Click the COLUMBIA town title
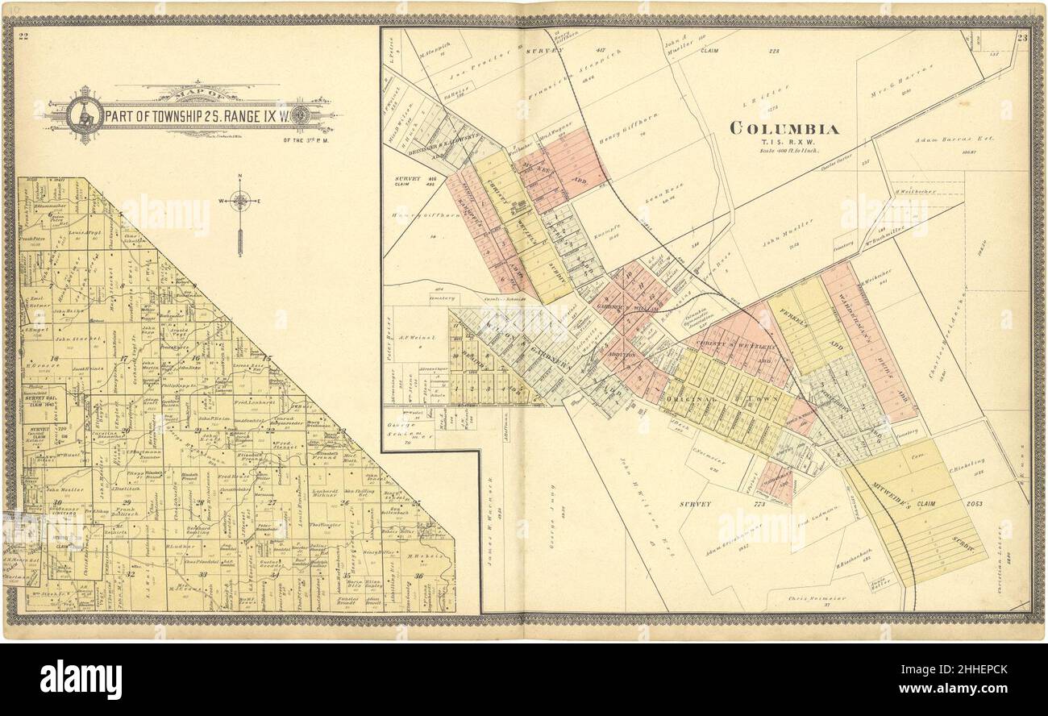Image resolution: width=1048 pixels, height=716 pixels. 784,128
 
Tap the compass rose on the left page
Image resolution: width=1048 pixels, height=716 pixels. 239,201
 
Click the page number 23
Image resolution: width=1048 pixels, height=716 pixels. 1021,37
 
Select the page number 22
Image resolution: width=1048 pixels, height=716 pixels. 24,35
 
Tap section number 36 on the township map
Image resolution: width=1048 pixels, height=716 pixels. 418,575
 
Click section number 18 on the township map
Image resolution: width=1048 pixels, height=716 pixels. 54,359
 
